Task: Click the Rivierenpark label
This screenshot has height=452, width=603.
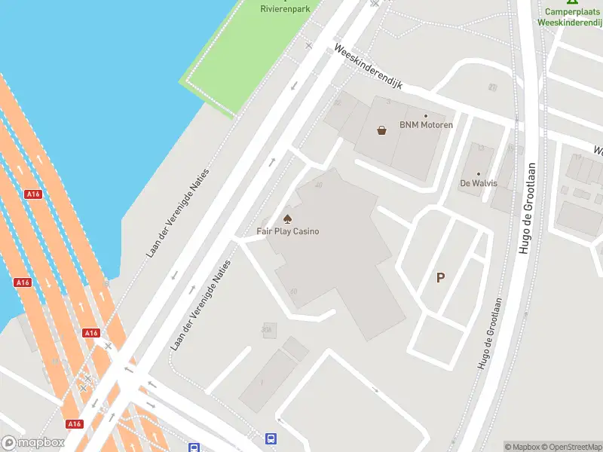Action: tap(285, 8)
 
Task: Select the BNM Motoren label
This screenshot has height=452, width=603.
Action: tap(426, 125)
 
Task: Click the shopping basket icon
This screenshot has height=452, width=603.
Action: tap(382, 130)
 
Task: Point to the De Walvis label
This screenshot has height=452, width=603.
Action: tap(479, 183)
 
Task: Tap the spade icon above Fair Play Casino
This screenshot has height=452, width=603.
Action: tap(287, 219)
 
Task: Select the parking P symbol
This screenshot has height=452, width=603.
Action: tap(440, 277)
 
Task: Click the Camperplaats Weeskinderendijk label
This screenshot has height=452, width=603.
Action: tap(569, 17)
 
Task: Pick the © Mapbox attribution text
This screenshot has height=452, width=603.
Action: tap(520, 447)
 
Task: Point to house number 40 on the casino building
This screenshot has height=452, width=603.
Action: tap(319, 185)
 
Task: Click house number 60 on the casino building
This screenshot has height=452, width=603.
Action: tap(293, 291)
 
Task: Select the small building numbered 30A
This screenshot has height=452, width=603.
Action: tap(266, 329)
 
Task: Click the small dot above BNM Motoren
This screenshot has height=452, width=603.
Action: tap(426, 116)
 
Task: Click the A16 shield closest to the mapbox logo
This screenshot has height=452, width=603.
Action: tap(74, 424)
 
